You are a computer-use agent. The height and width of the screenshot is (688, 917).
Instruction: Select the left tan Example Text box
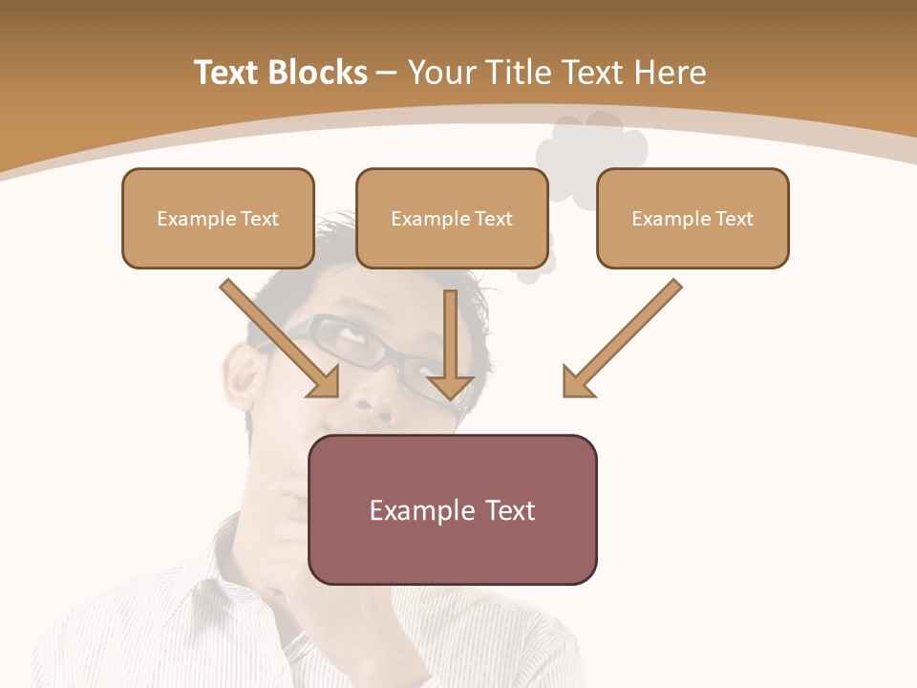(x=218, y=218)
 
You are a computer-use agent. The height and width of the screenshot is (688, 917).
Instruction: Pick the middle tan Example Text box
(x=452, y=218)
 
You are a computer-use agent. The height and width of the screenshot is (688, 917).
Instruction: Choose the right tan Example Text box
(x=693, y=218)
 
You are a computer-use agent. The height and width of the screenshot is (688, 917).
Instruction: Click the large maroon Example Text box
(x=452, y=509)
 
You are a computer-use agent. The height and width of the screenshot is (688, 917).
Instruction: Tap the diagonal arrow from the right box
(x=622, y=338)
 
